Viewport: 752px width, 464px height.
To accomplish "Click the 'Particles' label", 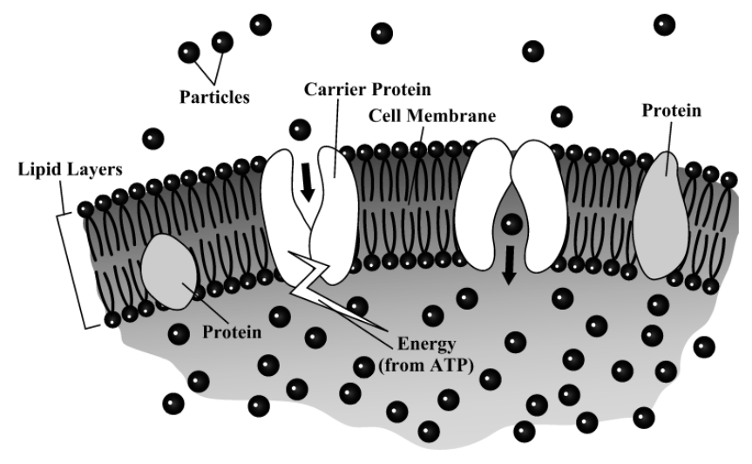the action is click(x=214, y=97).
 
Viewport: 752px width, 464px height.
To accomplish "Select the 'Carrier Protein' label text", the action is click(x=368, y=89).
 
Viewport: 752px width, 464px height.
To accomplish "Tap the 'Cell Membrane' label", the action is click(x=432, y=116).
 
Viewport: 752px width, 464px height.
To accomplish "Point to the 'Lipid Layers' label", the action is click(x=70, y=169).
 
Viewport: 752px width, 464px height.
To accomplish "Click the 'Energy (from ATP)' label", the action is click(x=426, y=355).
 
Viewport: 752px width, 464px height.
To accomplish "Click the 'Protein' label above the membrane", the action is click(x=672, y=111).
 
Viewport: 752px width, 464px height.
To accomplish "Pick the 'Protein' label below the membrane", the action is click(x=232, y=332).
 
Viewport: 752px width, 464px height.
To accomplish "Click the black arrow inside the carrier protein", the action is click(x=307, y=182).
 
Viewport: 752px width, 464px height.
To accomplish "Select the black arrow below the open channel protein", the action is click(x=509, y=265).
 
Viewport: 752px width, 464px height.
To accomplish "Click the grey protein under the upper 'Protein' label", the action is click(x=661, y=215).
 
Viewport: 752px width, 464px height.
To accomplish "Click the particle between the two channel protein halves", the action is click(x=511, y=224).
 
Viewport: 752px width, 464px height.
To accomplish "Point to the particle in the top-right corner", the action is click(x=664, y=25).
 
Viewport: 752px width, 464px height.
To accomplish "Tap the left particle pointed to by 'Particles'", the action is click(x=189, y=52).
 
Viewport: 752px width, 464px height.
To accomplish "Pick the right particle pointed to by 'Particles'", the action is click(x=222, y=42).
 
